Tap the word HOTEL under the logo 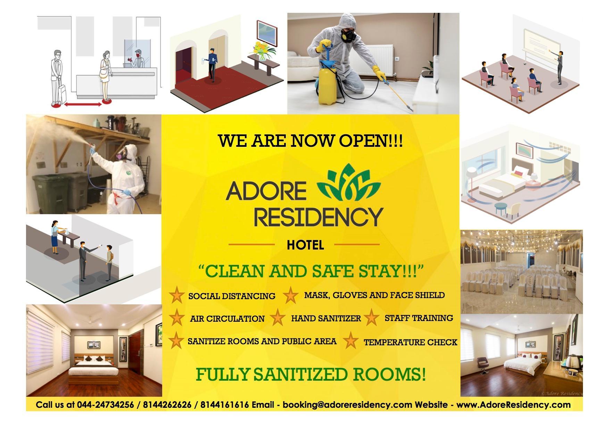click(x=305, y=245)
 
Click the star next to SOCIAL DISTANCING click(x=176, y=295)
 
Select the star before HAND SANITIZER click(x=277, y=318)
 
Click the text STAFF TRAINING click(x=418, y=318)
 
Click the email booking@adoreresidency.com click(x=347, y=405)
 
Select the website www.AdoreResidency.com click(x=513, y=405)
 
